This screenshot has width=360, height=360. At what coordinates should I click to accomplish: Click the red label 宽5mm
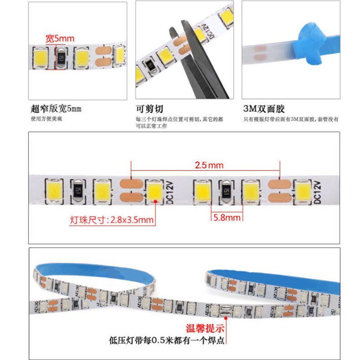59,39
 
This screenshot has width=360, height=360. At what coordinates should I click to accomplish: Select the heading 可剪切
149,109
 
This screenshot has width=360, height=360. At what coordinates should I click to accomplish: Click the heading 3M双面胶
264,109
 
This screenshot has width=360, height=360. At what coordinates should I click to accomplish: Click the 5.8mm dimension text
227,217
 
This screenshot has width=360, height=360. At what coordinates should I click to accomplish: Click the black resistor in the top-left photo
61,57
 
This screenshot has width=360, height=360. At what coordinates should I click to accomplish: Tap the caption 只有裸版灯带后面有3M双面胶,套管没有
291,119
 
